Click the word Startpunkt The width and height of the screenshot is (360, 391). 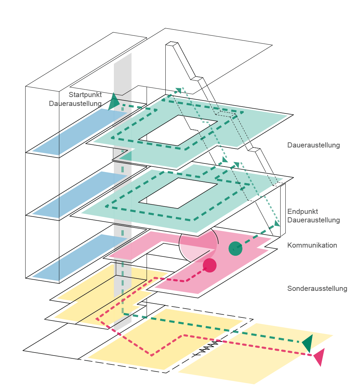pyautogui.click(x=85, y=95)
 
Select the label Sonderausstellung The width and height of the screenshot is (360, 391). pyautogui.click(x=317, y=289)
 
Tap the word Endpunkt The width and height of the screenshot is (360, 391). pyautogui.click(x=302, y=212)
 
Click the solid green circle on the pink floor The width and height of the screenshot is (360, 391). pyautogui.click(x=235, y=248)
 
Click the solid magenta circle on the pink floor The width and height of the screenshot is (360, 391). pyautogui.click(x=210, y=265)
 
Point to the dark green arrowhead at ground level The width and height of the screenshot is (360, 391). pyautogui.click(x=308, y=343)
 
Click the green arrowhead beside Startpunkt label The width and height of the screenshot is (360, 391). pyautogui.click(x=114, y=101)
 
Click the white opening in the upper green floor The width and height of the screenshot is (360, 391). pyautogui.click(x=182, y=130)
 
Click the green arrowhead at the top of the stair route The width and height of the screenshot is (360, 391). pyautogui.click(x=178, y=90)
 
